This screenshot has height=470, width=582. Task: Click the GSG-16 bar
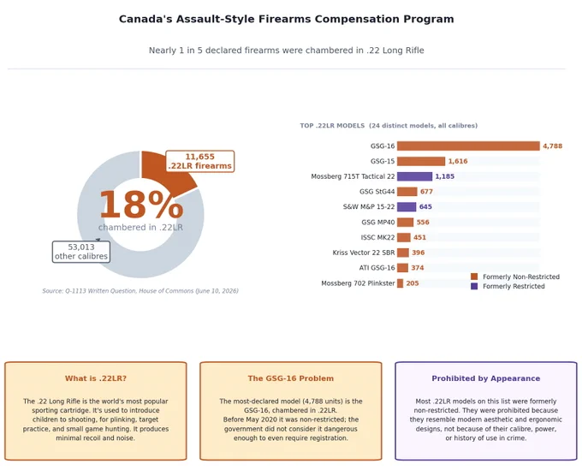[x=468, y=146]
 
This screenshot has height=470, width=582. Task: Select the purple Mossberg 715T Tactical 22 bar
[x=414, y=176]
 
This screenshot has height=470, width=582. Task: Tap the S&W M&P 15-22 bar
[x=407, y=207]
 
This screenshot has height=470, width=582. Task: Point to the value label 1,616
[x=458, y=161]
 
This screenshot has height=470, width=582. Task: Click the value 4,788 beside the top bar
[x=552, y=146]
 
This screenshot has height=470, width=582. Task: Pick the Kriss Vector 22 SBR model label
[x=364, y=253]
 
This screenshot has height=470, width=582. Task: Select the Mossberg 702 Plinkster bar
[x=401, y=283]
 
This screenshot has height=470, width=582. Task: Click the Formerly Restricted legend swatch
[x=474, y=286]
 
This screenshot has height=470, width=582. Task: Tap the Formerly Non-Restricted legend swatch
[x=474, y=277]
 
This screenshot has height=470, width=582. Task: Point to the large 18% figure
[x=141, y=205]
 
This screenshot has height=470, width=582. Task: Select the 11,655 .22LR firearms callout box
[x=199, y=161]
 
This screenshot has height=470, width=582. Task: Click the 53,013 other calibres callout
[x=81, y=252]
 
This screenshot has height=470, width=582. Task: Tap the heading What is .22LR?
[x=96, y=378]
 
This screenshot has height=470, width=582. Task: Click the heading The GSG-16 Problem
[x=291, y=378]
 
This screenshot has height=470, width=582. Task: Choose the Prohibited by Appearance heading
[x=486, y=378]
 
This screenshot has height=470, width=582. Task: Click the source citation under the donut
[x=140, y=291]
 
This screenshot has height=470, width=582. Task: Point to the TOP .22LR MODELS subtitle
[x=389, y=126]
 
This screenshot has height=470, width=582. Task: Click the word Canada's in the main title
[x=145, y=19]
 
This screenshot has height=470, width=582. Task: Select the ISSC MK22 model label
[x=377, y=237]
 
